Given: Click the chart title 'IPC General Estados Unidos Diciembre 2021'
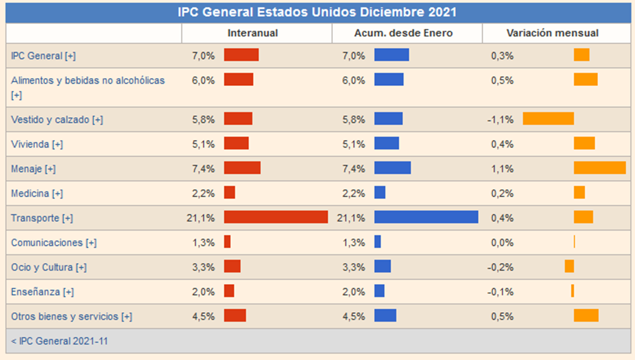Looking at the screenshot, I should coord(317,12).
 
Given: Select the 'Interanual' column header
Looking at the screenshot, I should coord(252,33).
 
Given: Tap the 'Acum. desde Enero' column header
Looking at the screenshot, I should coord(403,33).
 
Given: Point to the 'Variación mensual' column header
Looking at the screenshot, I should coord(552,33).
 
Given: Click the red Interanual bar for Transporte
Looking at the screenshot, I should coord(276,217).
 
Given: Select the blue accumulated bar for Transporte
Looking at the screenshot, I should coord(426,217).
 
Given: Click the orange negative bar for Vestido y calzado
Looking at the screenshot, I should coord(548,119).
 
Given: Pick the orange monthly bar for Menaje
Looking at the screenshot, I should coord(599,168).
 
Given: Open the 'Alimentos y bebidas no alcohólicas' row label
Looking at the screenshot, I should coord(87,81).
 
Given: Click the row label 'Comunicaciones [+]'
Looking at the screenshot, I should coord(54,242).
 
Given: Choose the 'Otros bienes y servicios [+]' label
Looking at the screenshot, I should coord(71,316).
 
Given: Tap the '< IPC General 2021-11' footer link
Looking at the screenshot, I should coord(59,341).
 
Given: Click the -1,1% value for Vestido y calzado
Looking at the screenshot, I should coord(500,120).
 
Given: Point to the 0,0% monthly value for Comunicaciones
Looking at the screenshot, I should coord(502,242).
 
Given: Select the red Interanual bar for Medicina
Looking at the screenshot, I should coord(229,193).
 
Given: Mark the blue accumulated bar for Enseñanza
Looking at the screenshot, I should coord(379,291).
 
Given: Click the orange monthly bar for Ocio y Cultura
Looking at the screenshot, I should coord(569,266).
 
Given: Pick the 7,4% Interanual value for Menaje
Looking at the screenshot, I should coord(204,169).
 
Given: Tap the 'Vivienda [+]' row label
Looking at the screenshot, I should coord(37,144).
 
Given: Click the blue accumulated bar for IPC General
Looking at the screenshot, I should coord(391,55).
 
